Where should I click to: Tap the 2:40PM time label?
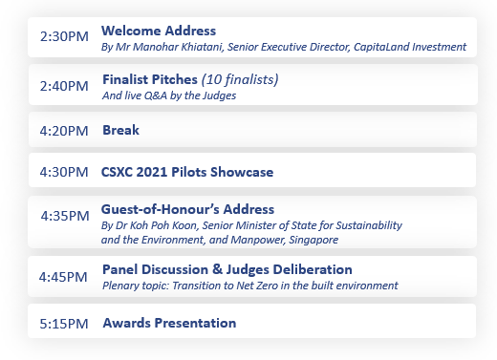click(x=64, y=86)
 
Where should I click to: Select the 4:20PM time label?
click(x=64, y=130)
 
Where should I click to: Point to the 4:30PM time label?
click(x=64, y=172)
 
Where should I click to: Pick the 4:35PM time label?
click(x=64, y=216)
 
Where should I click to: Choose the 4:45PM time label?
click(x=64, y=277)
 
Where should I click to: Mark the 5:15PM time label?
click(x=64, y=324)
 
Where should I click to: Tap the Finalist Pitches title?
click(x=148, y=78)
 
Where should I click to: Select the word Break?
click(x=120, y=130)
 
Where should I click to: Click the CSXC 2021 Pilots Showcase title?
click(x=187, y=172)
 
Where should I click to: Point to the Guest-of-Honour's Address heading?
click(x=188, y=209)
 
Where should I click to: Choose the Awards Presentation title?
click(x=169, y=323)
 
